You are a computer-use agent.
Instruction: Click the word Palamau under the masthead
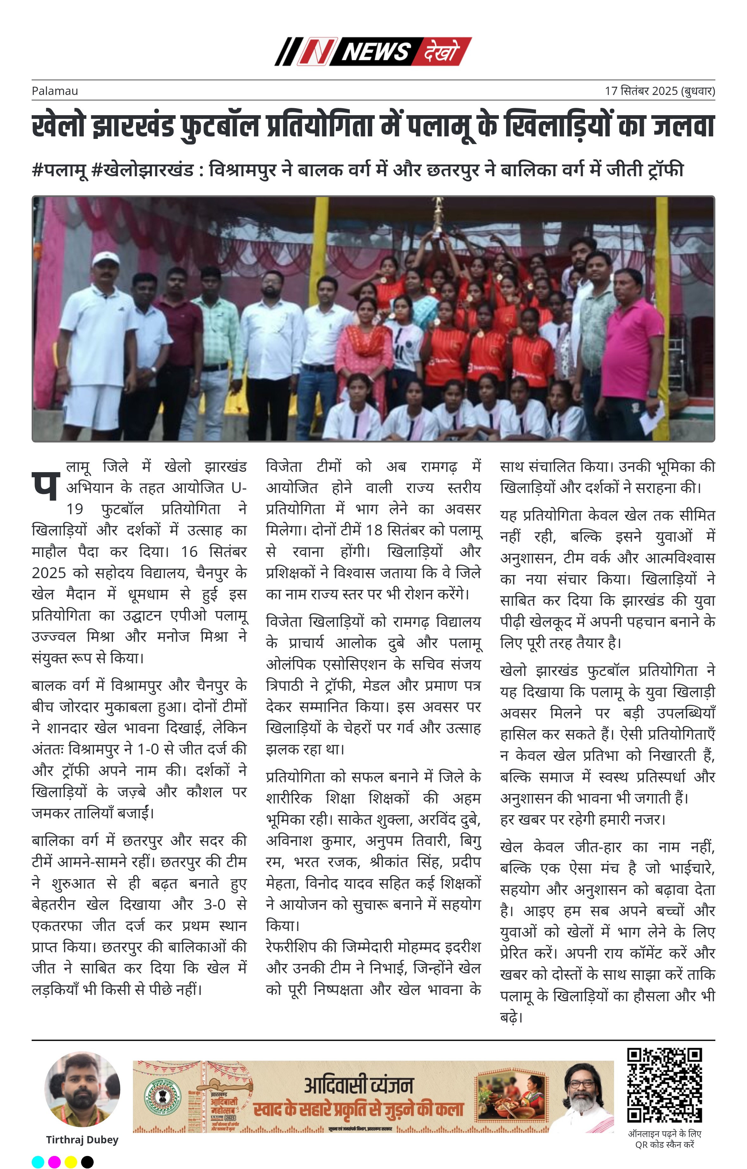(x=54, y=91)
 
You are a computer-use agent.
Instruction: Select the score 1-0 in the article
(x=148, y=749)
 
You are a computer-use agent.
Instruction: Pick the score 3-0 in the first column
(x=214, y=904)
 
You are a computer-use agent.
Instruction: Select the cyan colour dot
(x=37, y=1162)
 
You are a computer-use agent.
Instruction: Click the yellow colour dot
(x=71, y=1162)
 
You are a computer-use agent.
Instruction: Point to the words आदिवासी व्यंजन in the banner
(x=358, y=1085)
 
